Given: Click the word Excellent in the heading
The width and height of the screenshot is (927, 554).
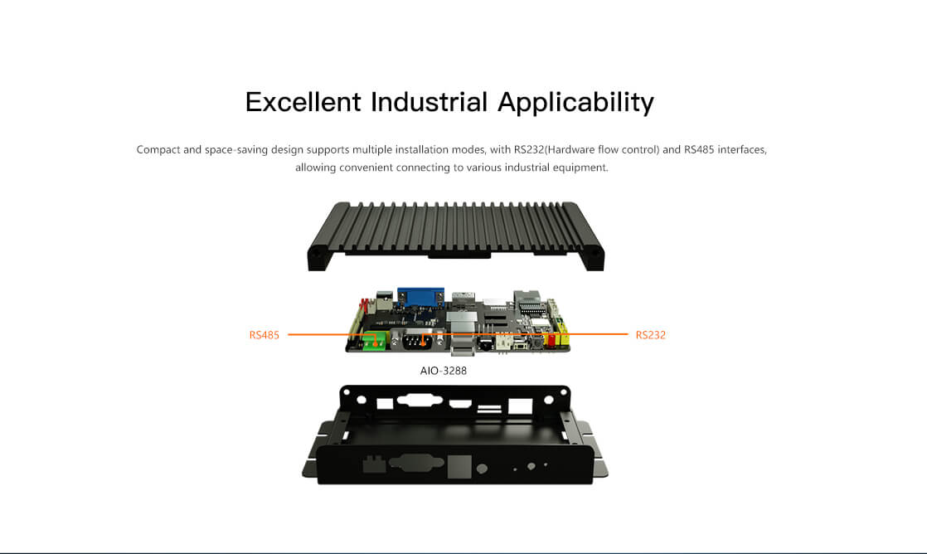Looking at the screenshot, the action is tap(303, 102).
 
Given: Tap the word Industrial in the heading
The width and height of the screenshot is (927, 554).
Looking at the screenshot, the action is tap(430, 102).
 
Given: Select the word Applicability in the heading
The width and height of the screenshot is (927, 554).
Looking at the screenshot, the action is tap(575, 103).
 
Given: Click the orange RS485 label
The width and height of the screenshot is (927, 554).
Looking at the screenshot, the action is tap(265, 335).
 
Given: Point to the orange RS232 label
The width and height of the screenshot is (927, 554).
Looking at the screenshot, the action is tap(650, 335).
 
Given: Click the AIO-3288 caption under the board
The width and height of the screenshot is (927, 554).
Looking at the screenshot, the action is tap(444, 371).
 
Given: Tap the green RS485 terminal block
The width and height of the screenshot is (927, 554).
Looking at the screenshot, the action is tap(374, 341).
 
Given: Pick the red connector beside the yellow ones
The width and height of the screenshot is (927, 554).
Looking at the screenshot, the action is tap(551, 339).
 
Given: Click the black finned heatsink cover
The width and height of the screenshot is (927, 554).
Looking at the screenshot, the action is tap(456, 236).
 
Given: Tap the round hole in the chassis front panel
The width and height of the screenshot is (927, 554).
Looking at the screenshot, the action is tap(482, 469).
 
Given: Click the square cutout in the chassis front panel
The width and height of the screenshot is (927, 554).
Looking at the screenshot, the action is tap(459, 466).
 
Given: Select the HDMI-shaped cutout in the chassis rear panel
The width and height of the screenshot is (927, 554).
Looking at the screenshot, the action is tap(460, 404).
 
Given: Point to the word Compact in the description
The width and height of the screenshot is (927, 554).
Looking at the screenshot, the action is tap(158, 149).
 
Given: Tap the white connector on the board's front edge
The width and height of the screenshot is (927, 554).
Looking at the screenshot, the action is tap(504, 343).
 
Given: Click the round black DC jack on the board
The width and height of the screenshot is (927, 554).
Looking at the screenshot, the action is tap(485, 343).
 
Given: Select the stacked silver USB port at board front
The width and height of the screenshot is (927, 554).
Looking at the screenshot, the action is tap(463, 343).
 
